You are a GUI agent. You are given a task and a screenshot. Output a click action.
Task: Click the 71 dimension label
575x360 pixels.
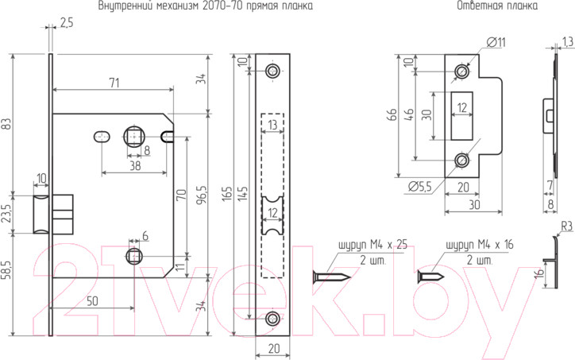tap(115, 83)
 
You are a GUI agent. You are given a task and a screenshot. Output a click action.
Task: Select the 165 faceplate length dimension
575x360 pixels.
tap(227, 193)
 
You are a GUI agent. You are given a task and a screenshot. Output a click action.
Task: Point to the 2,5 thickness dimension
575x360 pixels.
tap(67, 23)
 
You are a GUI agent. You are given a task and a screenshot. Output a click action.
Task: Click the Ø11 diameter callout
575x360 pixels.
tap(496, 43)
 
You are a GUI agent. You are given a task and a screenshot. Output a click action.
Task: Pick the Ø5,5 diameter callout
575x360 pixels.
tap(420, 187)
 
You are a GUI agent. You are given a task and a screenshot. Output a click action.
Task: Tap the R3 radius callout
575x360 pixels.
tap(567, 226)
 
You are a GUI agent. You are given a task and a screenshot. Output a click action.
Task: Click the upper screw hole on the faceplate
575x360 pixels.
tap(272, 71)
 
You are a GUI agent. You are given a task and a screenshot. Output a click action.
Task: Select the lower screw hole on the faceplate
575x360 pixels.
tap(272, 319)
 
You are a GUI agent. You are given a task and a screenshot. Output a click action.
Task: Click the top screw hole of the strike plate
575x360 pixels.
tap(461, 71)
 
